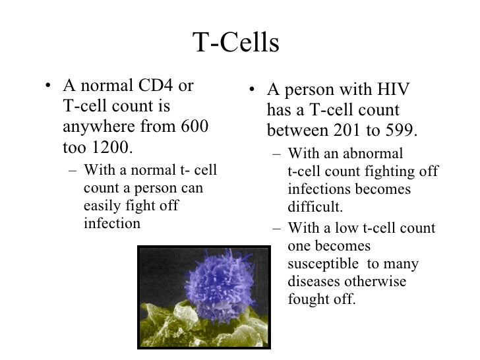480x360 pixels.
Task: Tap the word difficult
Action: tap(315, 208)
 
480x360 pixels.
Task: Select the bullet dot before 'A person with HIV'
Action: tap(247, 92)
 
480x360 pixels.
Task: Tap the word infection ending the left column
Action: tap(112, 223)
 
